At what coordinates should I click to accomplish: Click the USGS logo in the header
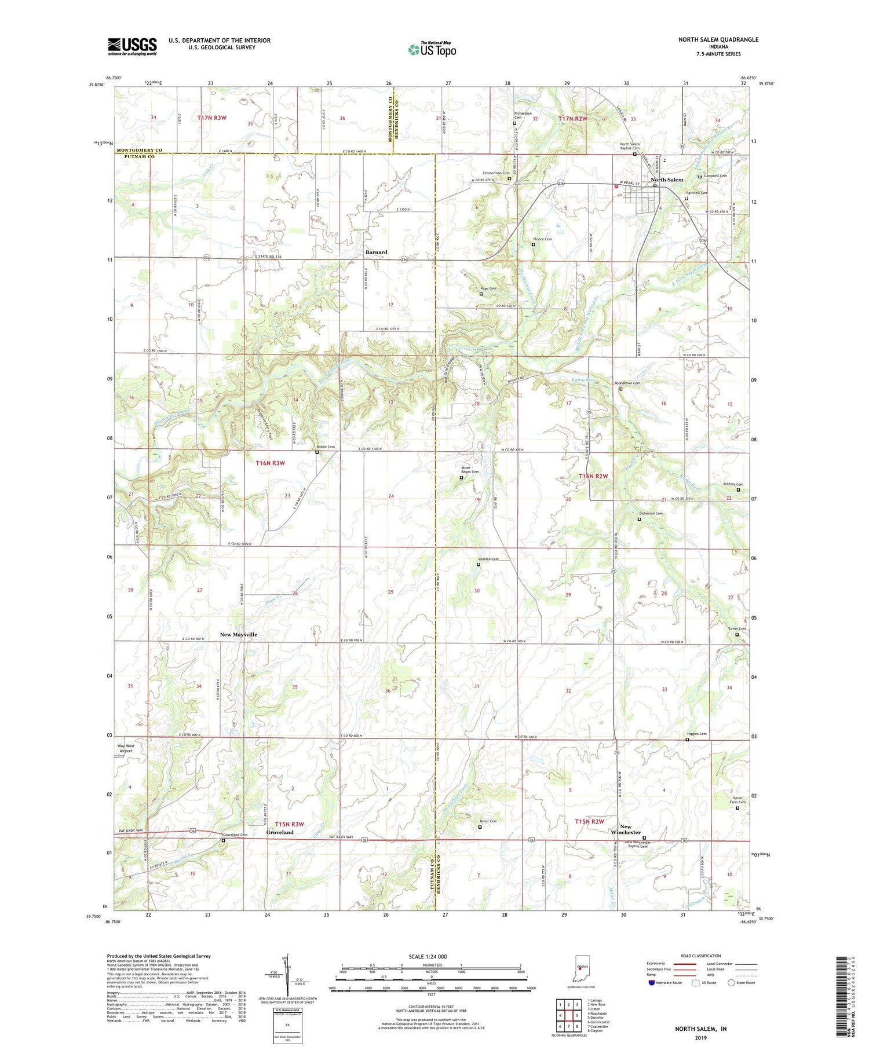coord(132,46)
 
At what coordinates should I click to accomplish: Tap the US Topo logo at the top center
coord(432,49)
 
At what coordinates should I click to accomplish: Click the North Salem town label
coord(666,180)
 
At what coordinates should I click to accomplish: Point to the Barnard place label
coord(376,252)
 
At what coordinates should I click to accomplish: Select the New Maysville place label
coord(238,635)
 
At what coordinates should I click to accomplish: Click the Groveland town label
coord(280,832)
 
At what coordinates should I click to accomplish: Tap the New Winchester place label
coord(625,829)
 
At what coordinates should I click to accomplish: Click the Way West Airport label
coord(126,748)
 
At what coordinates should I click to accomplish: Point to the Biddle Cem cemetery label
coord(326,447)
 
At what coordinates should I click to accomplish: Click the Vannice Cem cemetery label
coord(487,559)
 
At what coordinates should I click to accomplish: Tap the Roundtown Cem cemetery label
coord(627,383)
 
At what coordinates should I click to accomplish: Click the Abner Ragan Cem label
coord(470,469)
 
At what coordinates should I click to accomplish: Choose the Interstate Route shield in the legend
coord(652,983)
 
